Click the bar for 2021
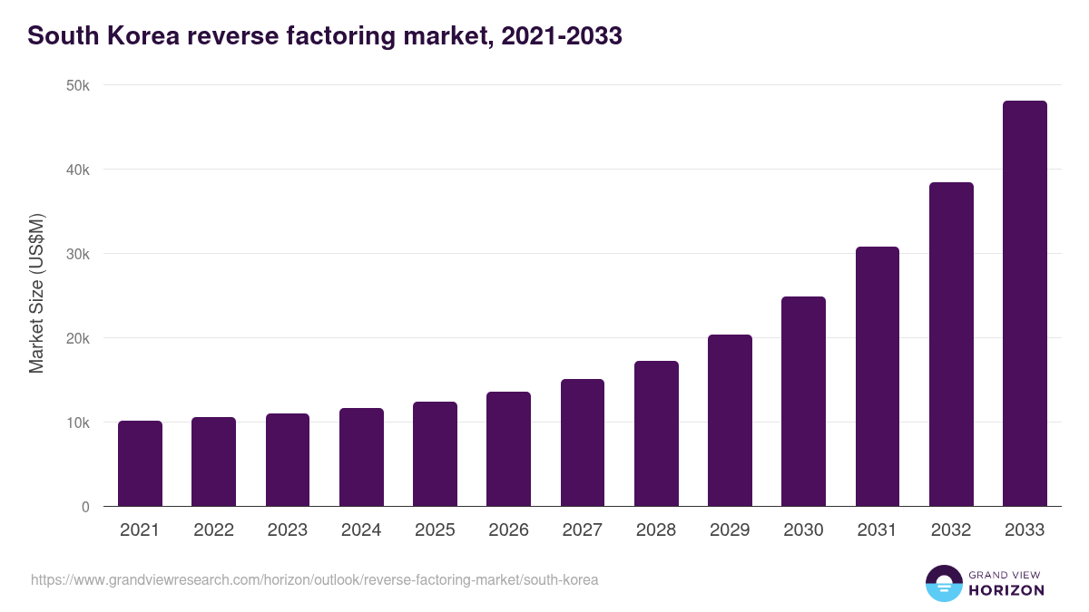click(x=140, y=463)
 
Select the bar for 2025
click(x=435, y=454)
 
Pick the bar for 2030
click(x=803, y=402)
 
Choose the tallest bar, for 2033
click(x=1025, y=304)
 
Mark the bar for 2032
click(x=951, y=345)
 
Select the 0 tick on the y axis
click(x=85, y=507)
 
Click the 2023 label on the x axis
click(x=288, y=530)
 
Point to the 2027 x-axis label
click(x=583, y=530)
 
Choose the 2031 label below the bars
click(x=878, y=530)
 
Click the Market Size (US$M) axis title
click(x=36, y=293)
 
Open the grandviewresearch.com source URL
click(x=315, y=579)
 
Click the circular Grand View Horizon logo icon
click(x=943, y=584)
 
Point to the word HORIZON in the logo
click(x=1006, y=590)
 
